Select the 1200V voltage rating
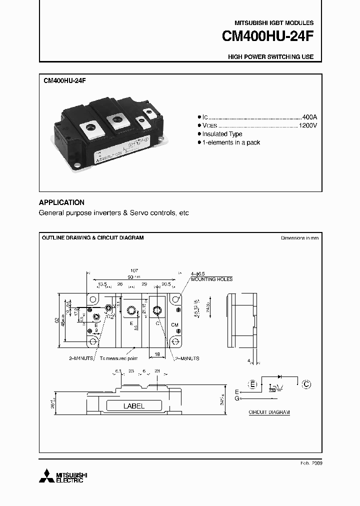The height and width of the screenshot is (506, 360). pos(307,125)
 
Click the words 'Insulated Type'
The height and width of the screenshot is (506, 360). pos(222,134)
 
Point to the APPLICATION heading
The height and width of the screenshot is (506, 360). pos(61,202)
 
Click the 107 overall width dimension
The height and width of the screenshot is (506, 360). pos(133,269)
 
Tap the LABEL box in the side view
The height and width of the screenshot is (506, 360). pos(133,406)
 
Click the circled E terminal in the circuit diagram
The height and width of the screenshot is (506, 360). pos(253,384)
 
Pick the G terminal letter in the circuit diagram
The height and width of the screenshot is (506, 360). pos(237,398)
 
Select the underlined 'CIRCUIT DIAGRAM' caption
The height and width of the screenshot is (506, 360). pos(269,412)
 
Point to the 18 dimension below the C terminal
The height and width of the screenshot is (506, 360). pos(156,353)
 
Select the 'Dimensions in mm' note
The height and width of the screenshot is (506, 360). pos(299,238)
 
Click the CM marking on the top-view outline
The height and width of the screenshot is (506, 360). pos(174,324)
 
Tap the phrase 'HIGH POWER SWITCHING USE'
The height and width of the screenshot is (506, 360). pos(270,57)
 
